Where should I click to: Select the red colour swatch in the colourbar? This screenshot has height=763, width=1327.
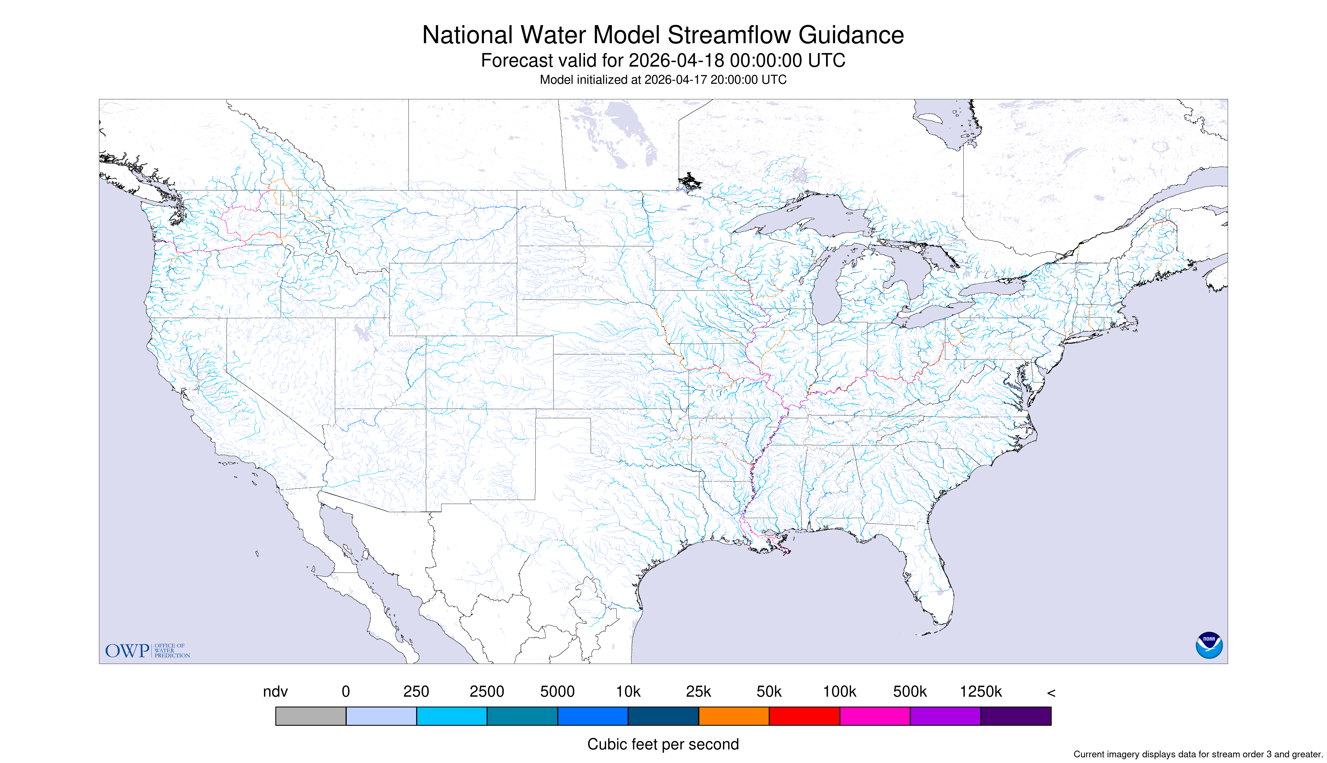pyautogui.click(x=804, y=716)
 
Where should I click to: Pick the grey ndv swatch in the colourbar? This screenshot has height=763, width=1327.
pyautogui.click(x=311, y=716)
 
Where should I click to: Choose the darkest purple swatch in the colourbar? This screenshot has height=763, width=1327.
pyautogui.click(x=1016, y=716)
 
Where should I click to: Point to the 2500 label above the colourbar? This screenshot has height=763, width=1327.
pyautogui.click(x=487, y=692)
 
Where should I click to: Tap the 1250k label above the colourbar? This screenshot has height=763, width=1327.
pyautogui.click(x=981, y=692)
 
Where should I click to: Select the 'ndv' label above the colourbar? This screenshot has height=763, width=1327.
pyautogui.click(x=276, y=692)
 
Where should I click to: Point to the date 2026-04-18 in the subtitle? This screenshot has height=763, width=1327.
pyautogui.click(x=676, y=61)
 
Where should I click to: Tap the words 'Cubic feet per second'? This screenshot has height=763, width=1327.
pyautogui.click(x=663, y=744)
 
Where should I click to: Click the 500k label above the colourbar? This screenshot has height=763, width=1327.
pyautogui.click(x=910, y=692)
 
